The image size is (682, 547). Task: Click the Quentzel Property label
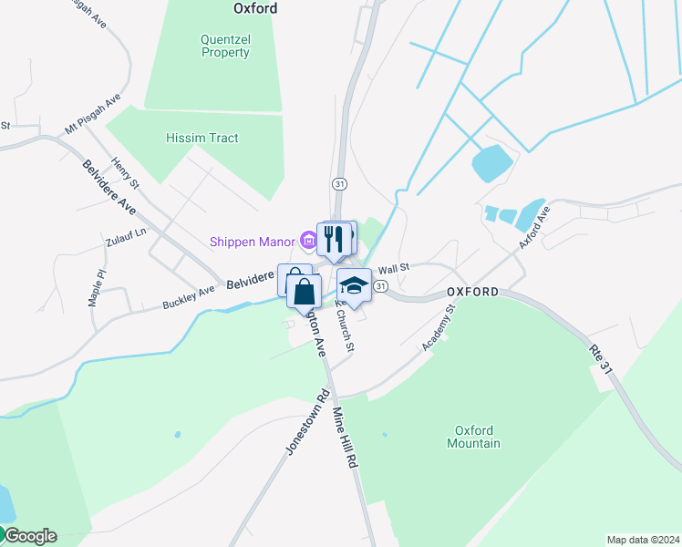225,46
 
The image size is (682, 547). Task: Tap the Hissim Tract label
201,138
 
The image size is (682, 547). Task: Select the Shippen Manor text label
253,242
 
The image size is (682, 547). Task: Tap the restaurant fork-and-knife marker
335,239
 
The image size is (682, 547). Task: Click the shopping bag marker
305,293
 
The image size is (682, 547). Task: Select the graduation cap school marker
354,286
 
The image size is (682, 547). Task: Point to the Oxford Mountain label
473,437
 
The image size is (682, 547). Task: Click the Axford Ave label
535,228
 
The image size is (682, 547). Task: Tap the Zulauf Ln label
126,243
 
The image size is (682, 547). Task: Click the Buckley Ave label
189,297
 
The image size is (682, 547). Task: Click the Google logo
29,536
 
